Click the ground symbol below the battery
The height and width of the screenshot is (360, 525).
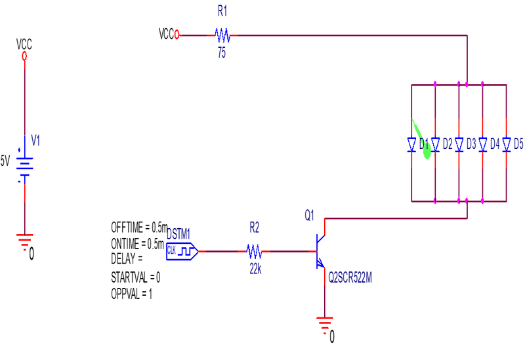coord(25,240)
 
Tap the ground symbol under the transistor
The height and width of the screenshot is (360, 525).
coord(324,323)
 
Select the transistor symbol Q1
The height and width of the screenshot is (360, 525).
coord(320,251)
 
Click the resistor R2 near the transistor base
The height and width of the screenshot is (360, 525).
coord(254,251)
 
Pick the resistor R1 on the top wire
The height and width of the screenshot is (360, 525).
coord(222,35)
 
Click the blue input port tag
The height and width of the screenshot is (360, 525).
coord(181,251)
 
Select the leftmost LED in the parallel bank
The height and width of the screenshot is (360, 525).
coord(411,144)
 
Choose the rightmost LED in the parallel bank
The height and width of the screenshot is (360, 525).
coord(506,144)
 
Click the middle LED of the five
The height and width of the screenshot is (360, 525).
coord(459,144)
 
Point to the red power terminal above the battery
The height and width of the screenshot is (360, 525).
coord(25,57)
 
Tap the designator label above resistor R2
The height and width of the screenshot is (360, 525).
coord(255,228)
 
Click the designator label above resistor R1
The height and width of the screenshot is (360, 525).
coord(222,11)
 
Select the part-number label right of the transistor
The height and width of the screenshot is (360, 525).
coord(350,277)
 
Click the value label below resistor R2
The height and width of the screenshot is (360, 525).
coord(255,268)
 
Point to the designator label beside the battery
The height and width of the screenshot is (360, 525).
coord(36,139)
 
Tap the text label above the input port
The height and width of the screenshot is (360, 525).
coord(178,233)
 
